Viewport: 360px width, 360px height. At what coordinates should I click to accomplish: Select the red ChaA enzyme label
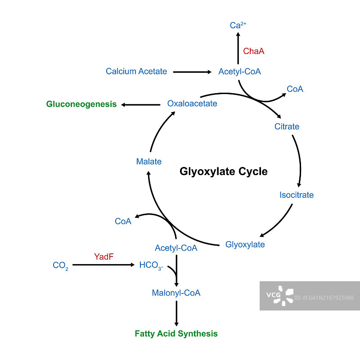pyautogui.click(x=254, y=51)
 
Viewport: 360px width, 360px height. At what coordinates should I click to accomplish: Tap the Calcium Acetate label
pyautogui.click(x=136, y=71)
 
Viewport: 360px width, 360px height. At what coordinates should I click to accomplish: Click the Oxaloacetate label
pyautogui.click(x=192, y=103)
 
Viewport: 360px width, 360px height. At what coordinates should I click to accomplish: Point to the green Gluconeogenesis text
pyautogui.click(x=81, y=104)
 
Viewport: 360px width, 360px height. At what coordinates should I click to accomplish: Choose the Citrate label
pyautogui.click(x=287, y=126)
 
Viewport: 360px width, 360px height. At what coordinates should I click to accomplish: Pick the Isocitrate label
pyautogui.click(x=297, y=195)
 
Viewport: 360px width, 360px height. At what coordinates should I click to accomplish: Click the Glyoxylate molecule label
pyautogui.click(x=245, y=245)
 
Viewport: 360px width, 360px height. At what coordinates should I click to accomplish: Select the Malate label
pyautogui.click(x=149, y=161)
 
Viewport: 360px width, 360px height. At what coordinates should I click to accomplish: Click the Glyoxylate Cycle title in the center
pyautogui.click(x=224, y=171)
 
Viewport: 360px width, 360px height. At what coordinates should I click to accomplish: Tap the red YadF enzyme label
pyautogui.click(x=104, y=257)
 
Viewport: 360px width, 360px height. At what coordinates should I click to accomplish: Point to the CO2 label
pyautogui.click(x=61, y=265)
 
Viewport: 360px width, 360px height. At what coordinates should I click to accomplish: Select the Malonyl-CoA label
pyautogui.click(x=176, y=293)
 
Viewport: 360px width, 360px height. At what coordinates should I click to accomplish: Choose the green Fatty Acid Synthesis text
pyautogui.click(x=176, y=334)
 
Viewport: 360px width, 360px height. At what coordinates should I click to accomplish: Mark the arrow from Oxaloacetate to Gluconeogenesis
pyautogui.click(x=141, y=105)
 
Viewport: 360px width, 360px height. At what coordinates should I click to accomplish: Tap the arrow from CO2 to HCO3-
pyautogui.click(x=104, y=265)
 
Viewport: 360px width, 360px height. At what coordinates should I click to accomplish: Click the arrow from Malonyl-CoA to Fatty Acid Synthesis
pyautogui.click(x=176, y=313)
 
